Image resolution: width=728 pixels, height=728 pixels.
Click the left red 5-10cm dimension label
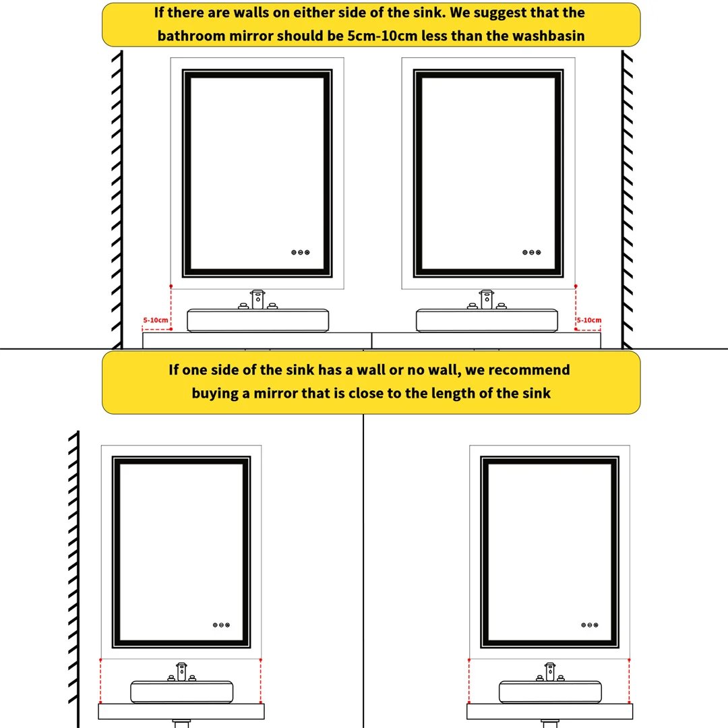click(x=156, y=320)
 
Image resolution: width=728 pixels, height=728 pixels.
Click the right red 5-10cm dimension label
click(x=589, y=320)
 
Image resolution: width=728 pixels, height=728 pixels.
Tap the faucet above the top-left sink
click(x=257, y=299)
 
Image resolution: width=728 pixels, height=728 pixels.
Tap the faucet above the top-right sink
click(x=487, y=299)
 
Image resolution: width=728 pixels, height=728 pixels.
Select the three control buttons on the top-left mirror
click(x=301, y=252)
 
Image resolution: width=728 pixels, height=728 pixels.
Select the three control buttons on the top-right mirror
click(x=532, y=252)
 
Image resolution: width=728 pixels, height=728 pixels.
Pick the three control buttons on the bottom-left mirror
click(x=222, y=625)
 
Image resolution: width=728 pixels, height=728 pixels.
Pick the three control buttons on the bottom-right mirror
click(x=590, y=625)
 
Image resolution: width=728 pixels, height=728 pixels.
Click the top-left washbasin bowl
click(x=257, y=320)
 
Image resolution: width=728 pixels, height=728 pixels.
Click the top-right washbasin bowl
click(x=487, y=320)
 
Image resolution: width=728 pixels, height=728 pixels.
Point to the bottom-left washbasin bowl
click(x=181, y=692)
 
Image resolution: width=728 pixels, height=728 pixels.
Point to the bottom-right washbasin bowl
click(x=550, y=692)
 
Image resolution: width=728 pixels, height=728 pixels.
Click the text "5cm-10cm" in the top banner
click(x=382, y=36)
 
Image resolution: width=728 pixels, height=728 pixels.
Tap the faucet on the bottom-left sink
click(x=181, y=672)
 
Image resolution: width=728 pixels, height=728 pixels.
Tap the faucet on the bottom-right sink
click(x=550, y=672)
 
